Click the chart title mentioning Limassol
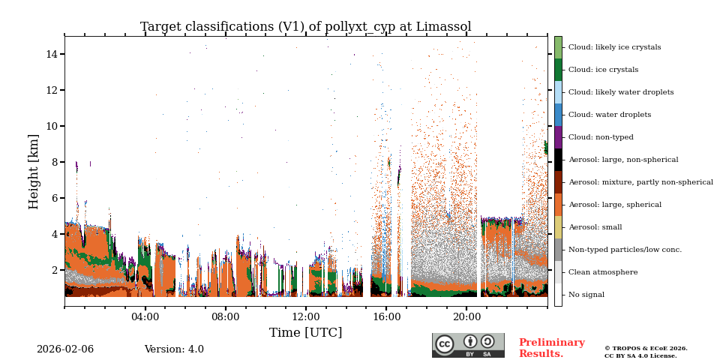pyautogui.click(x=305, y=27)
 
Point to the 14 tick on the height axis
pyautogui.click(x=52, y=54)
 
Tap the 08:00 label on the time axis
pyautogui.click(x=225, y=316)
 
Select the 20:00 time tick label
pyautogui.click(x=466, y=316)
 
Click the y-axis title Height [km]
pyautogui.click(x=34, y=171)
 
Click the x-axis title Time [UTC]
pyautogui.click(x=305, y=333)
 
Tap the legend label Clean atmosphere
pyautogui.click(x=603, y=272)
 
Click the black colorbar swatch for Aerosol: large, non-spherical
pyautogui.click(x=558, y=160)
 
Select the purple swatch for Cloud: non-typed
pyautogui.click(x=558, y=137)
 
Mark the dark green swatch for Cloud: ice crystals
pyautogui.click(x=558, y=70)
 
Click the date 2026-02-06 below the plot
pyautogui.click(x=65, y=349)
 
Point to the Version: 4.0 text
pyautogui.click(x=174, y=349)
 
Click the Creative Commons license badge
pyautogui.click(x=468, y=345)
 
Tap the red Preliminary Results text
pyautogui.click(x=551, y=348)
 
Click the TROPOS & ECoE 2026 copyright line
pyautogui.click(x=646, y=348)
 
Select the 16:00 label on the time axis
pyautogui.click(x=385, y=316)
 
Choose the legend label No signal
pyautogui.click(x=586, y=295)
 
